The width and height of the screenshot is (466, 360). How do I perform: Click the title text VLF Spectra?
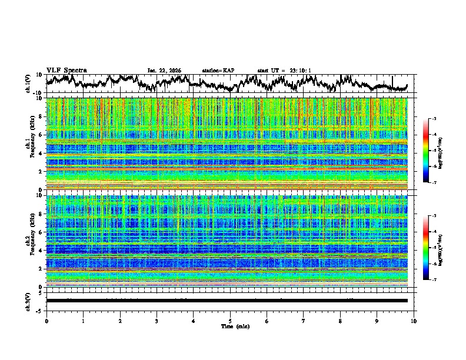(x=66, y=71)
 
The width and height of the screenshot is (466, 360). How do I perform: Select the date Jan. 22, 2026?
(x=164, y=71)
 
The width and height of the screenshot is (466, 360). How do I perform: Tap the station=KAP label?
(x=218, y=71)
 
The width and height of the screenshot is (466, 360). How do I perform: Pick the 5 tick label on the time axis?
(x=230, y=321)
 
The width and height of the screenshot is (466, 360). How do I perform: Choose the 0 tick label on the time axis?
(x=46, y=321)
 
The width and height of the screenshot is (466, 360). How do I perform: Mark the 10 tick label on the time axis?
(x=414, y=321)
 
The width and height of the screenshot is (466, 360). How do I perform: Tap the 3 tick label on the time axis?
(x=157, y=321)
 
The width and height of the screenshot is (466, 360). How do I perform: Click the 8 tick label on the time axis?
(x=340, y=321)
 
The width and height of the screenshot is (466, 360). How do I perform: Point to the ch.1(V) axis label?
(x=28, y=84)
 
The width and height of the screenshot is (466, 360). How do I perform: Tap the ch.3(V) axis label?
(x=28, y=300)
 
